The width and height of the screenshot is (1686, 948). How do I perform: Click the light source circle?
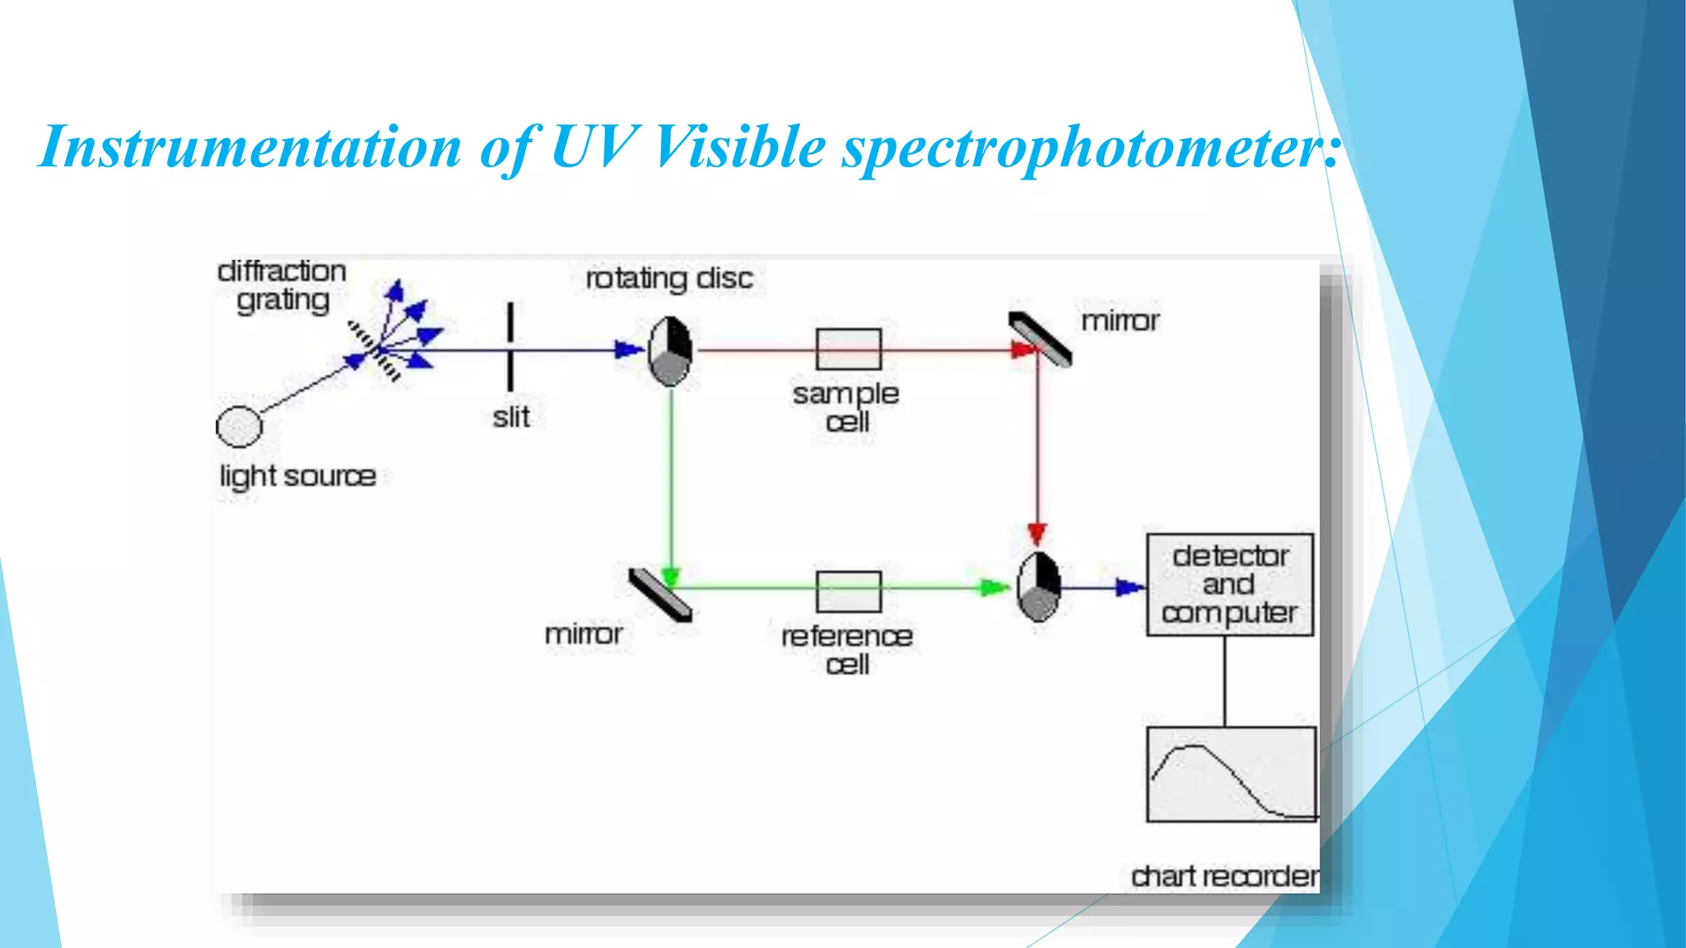239,426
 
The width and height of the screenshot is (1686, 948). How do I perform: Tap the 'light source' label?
297,476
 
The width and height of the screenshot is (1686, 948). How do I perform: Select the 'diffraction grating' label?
282,286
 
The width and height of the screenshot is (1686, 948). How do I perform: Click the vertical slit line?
510,346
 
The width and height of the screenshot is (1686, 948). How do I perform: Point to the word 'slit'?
510,417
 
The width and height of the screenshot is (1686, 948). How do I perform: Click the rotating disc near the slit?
670,351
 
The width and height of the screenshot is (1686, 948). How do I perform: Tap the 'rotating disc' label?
668,278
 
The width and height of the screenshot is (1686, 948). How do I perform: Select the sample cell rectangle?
848,349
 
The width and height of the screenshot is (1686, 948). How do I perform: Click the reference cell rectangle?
848,591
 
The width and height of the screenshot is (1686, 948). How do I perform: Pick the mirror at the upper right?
1041,338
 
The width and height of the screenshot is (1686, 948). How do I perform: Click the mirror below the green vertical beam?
660,594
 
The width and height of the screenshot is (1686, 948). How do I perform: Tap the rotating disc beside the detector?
1038,587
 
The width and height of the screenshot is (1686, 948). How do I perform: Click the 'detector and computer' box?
1229,584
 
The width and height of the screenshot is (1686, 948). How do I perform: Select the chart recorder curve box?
1231,774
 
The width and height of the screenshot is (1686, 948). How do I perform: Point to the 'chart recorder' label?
1224,876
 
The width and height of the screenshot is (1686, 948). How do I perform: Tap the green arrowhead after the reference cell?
994,588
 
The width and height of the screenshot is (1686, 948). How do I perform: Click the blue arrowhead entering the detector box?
1129,587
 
